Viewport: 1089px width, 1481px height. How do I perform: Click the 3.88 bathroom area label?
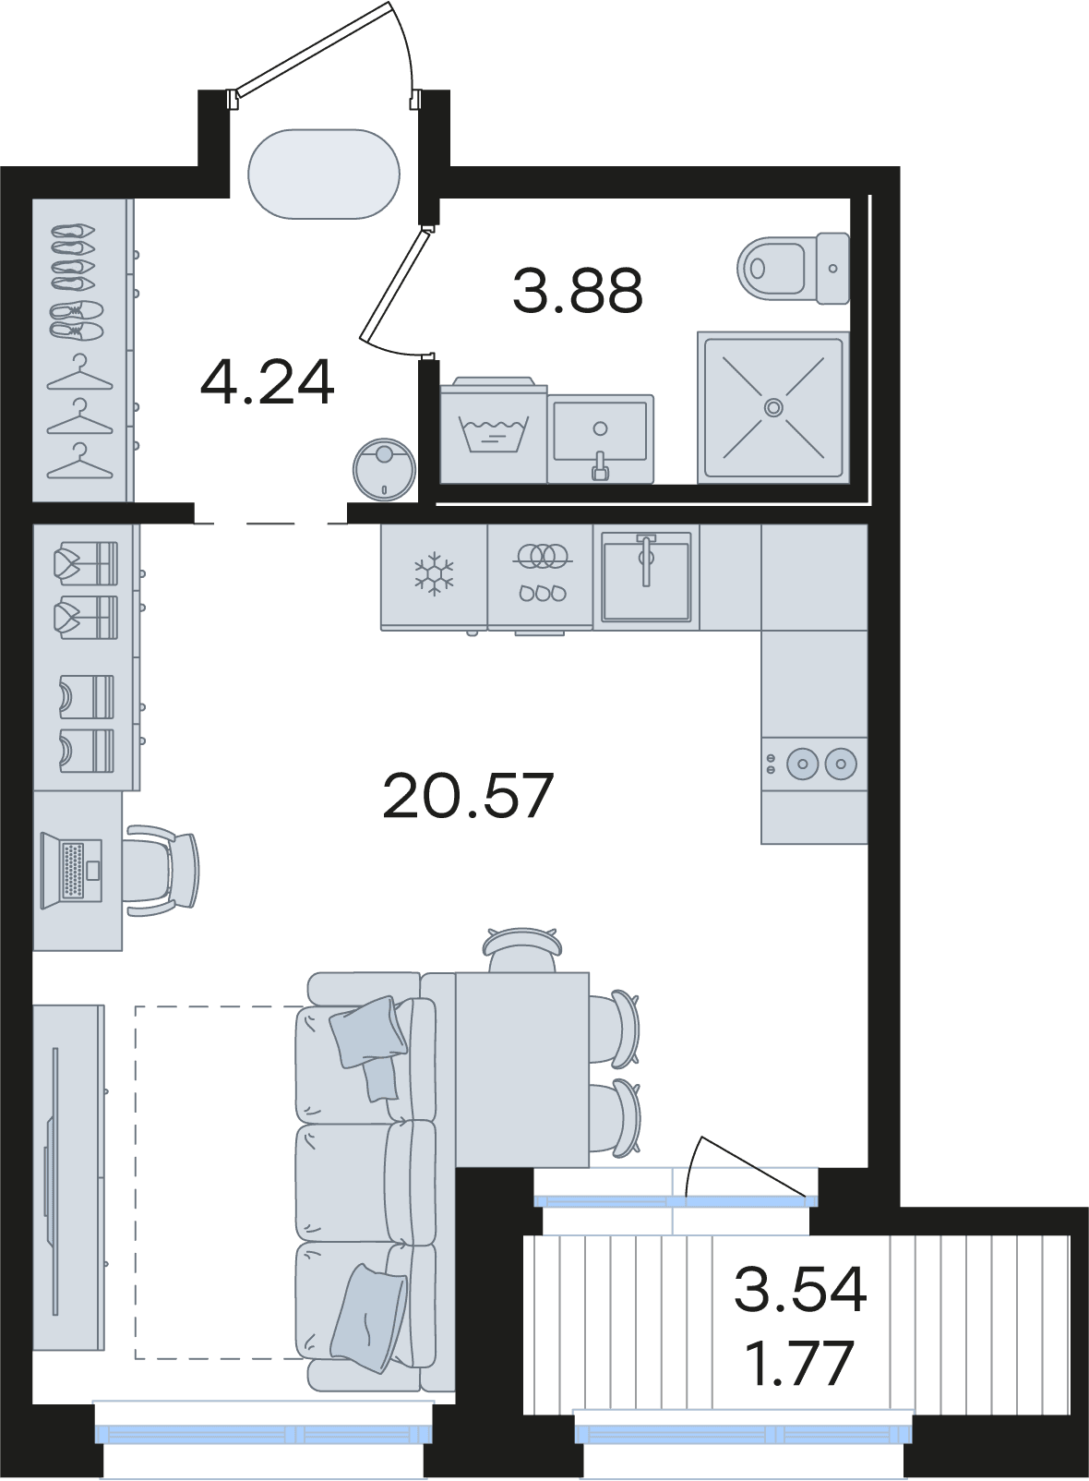click(x=578, y=291)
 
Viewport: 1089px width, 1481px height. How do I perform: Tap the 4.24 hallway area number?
click(x=267, y=383)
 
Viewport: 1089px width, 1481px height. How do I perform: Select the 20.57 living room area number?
click(x=467, y=797)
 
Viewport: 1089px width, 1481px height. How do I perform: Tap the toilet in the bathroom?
click(x=794, y=268)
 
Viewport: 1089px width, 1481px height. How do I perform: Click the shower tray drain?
click(x=773, y=407)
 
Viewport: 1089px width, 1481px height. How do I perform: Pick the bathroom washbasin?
click(x=600, y=439)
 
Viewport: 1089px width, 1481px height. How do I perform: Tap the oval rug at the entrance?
click(x=324, y=174)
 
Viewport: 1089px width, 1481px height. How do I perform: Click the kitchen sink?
click(x=646, y=576)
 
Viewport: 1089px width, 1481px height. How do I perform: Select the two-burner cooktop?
click(x=814, y=764)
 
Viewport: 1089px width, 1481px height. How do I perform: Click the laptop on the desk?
click(x=71, y=870)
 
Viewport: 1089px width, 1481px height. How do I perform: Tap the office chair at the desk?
click(x=162, y=870)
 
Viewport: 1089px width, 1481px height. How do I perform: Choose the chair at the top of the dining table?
click(x=521, y=949)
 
